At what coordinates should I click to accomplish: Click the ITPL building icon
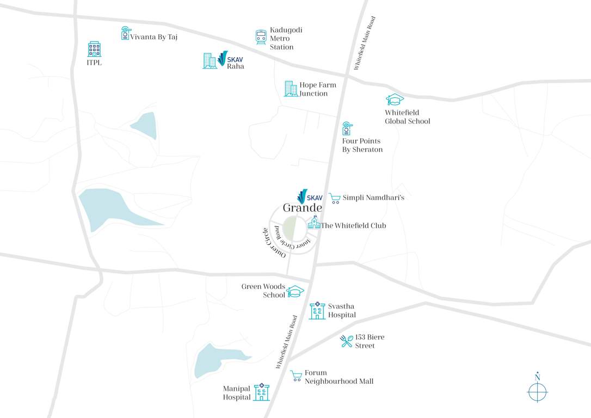pos(94,49)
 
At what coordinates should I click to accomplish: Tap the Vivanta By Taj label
pos(153,37)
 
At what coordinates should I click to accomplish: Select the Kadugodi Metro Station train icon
pos(261,37)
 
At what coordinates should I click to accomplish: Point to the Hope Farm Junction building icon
pos(291,89)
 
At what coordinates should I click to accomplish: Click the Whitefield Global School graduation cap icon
pos(395,100)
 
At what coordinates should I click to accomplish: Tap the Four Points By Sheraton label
pos(362,145)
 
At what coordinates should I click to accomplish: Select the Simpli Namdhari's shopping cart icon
pos(335,199)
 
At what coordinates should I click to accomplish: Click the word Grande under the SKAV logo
pos(302,208)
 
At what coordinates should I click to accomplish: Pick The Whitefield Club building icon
pos(314,223)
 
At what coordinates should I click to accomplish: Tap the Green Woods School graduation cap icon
pos(295,292)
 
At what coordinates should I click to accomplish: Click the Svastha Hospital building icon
pos(317,311)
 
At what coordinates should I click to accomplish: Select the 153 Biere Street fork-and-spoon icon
pos(347,341)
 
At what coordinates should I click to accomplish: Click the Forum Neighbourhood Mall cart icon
pos(296,376)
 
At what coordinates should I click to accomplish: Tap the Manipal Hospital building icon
pos(262,392)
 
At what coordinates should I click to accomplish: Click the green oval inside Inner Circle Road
pos(292,228)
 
